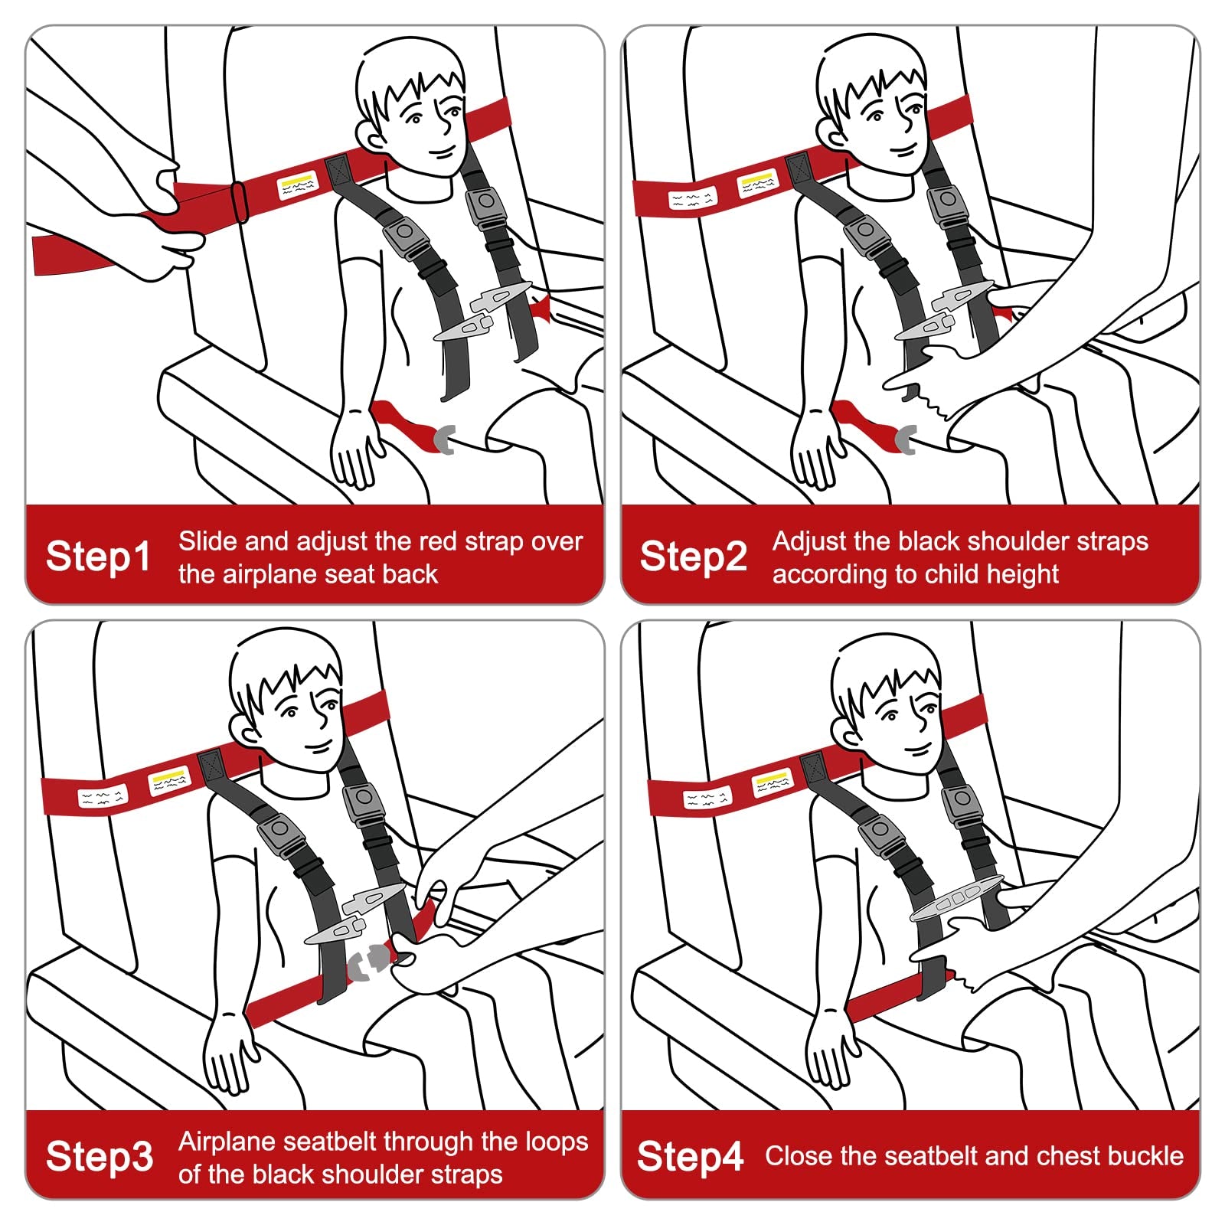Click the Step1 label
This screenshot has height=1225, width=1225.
(x=98, y=557)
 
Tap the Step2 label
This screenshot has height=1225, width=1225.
(x=693, y=557)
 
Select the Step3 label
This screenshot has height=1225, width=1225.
(x=99, y=1157)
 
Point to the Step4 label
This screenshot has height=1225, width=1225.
(x=690, y=1157)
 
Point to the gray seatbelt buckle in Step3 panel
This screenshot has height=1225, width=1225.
(x=370, y=962)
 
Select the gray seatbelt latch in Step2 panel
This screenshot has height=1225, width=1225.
(x=906, y=442)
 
